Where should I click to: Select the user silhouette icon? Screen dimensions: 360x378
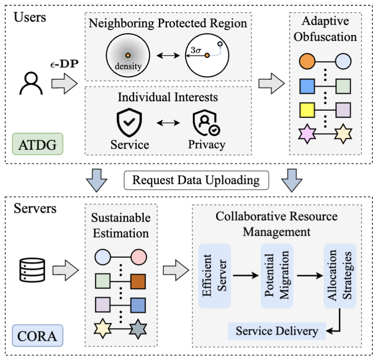tap(31, 83)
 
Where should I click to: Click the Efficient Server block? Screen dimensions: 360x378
tap(214, 276)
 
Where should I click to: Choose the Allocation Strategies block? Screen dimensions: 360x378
tap(340, 276)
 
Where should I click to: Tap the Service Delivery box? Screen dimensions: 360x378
tap(277, 331)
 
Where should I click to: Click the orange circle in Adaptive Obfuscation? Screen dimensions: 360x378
tap(307, 62)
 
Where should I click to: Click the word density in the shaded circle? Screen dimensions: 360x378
tap(128, 66)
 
